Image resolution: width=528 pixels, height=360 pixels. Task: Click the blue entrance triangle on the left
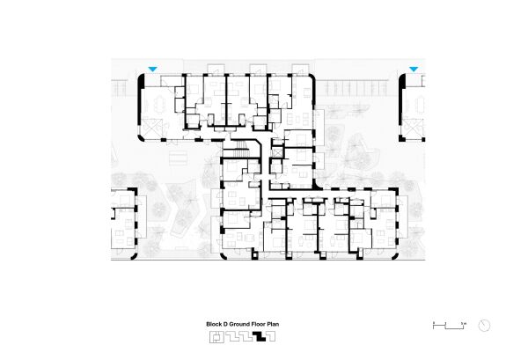pyautogui.click(x=153, y=70)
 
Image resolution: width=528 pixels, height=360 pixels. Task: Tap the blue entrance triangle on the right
pyautogui.click(x=413, y=70)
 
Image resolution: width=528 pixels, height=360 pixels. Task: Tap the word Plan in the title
pyautogui.click(x=273, y=324)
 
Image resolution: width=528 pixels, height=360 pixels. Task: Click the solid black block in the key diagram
pyautogui.click(x=258, y=335)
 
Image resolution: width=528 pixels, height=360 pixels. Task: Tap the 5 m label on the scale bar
pyautogui.click(x=462, y=323)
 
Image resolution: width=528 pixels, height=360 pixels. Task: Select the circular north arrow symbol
pyautogui.click(x=483, y=325)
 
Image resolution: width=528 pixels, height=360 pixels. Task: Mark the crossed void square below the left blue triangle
pyautogui.click(x=157, y=129)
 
